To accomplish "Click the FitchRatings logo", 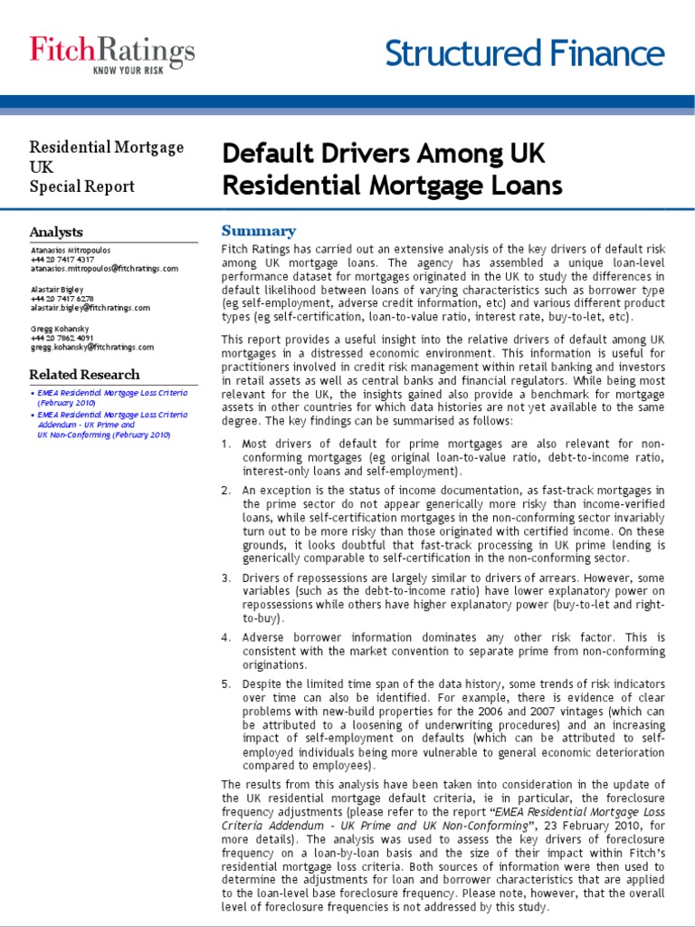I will point(112,50).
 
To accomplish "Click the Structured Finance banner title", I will point(525,54).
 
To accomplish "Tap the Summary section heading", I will point(259,231).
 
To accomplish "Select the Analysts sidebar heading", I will point(56,233).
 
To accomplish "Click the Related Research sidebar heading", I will point(84,375).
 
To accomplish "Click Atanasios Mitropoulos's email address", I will point(104,269).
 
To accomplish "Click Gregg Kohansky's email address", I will point(91,347).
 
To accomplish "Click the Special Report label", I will point(81,186).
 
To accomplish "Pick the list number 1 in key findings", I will point(226,444).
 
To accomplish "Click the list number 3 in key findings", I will point(226,578).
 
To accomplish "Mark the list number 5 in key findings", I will point(226,683).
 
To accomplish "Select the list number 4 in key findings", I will point(226,638).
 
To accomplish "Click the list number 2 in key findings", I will point(226,490).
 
